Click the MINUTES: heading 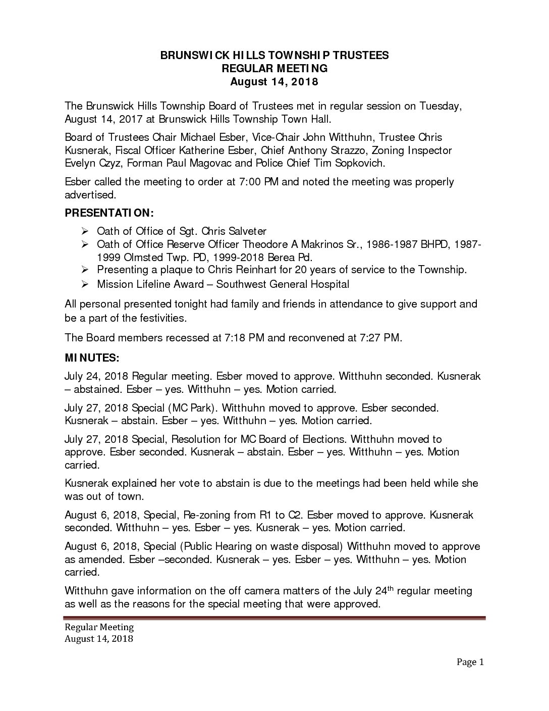click(92, 358)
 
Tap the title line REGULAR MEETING click(274, 68)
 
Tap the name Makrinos click(311, 244)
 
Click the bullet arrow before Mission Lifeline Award click(85, 284)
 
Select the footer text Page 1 click(470, 662)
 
